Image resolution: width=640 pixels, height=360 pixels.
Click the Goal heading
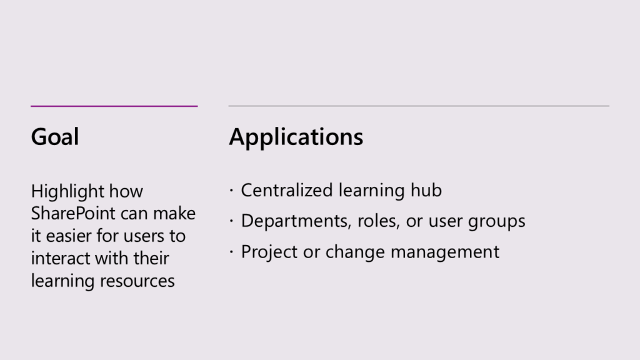pyautogui.click(x=55, y=136)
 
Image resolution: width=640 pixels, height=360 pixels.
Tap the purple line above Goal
pyautogui.click(x=114, y=106)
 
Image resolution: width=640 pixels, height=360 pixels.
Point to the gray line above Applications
pyautogui.click(x=419, y=106)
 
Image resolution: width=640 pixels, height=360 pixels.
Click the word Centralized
pyautogui.click(x=287, y=190)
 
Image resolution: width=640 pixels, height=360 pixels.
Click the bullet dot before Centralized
pyautogui.click(x=231, y=190)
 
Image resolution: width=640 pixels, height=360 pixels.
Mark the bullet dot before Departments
pyautogui.click(x=231, y=221)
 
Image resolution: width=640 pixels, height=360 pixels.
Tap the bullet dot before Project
pyautogui.click(x=231, y=252)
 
